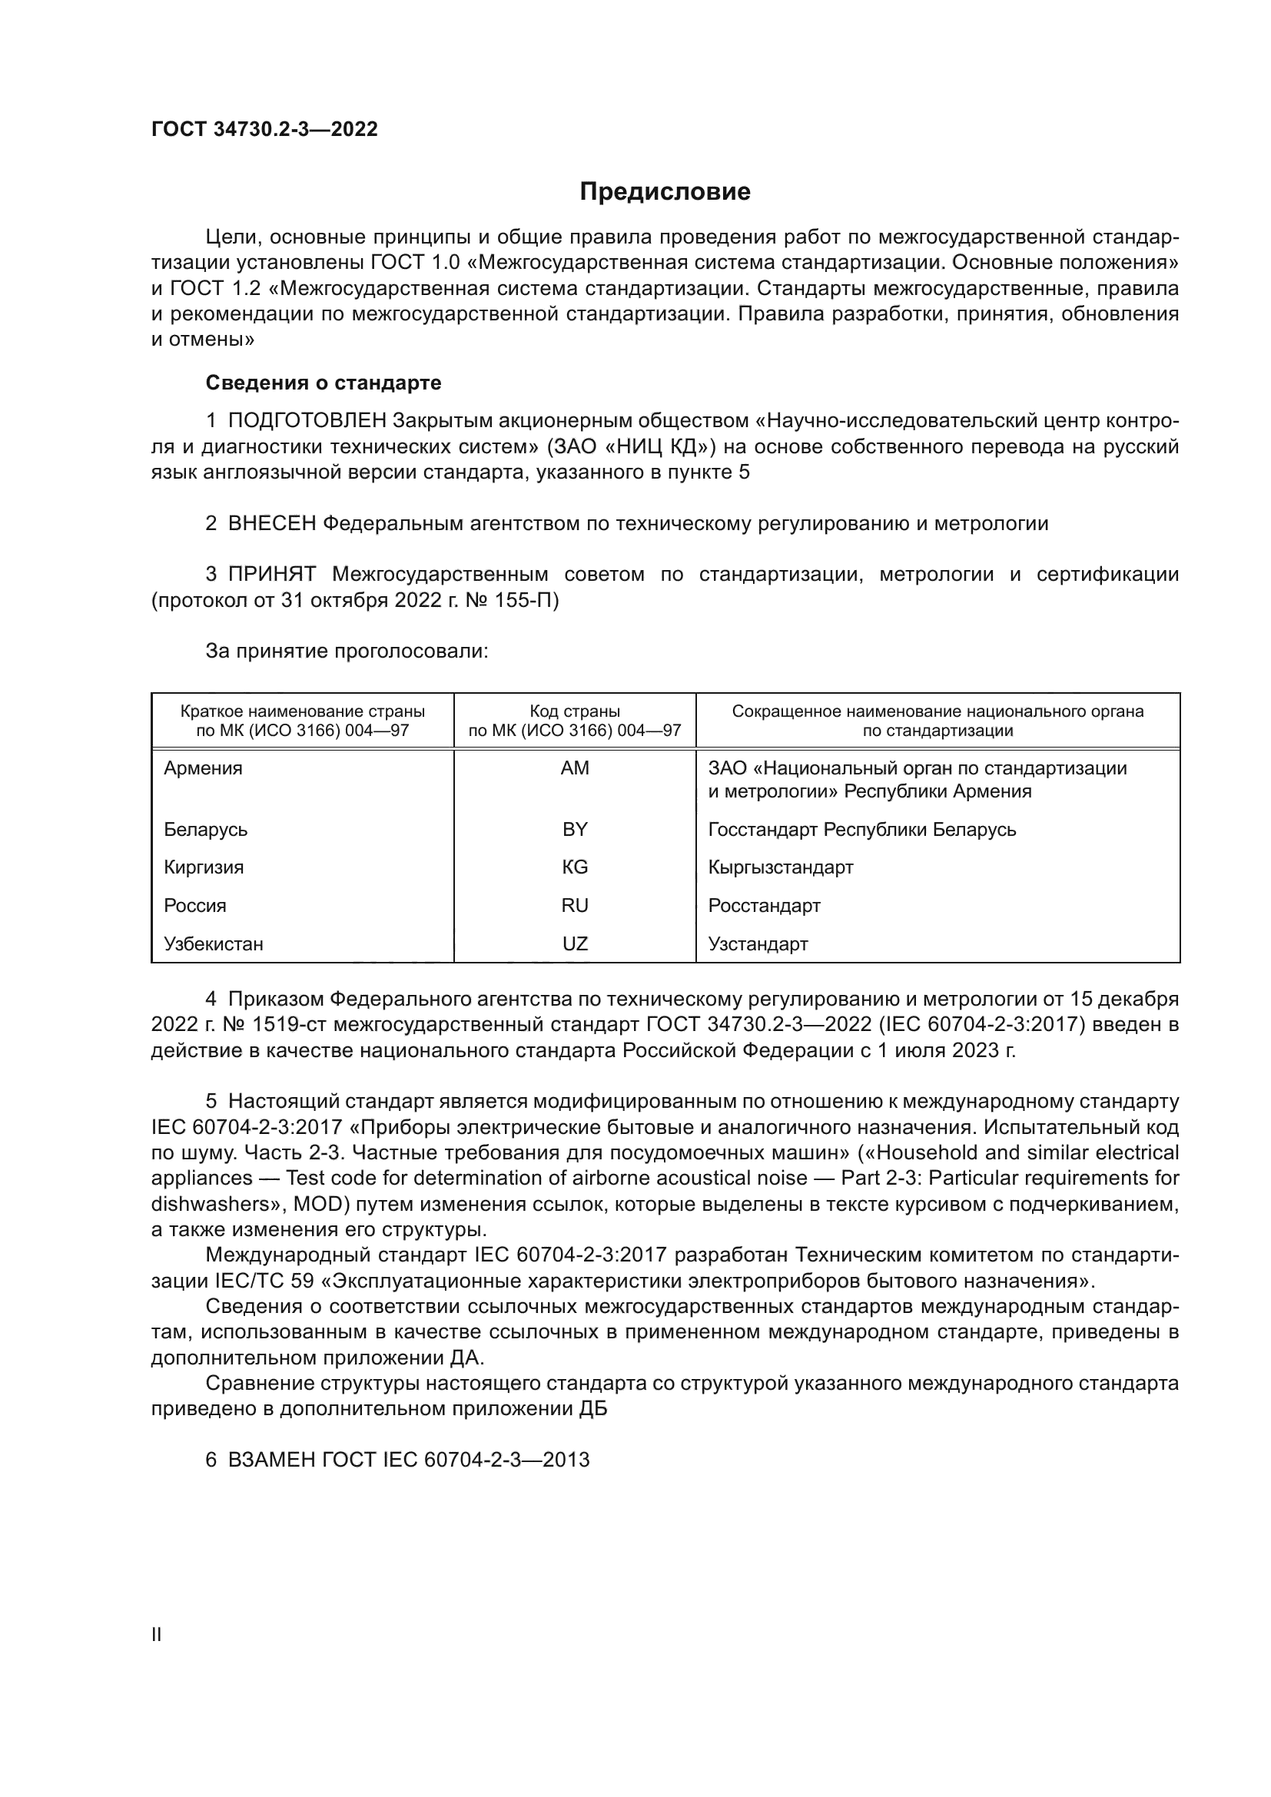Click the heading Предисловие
665,192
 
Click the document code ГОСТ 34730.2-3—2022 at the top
264,130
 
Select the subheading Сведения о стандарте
324,383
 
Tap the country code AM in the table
575,768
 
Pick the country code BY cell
575,829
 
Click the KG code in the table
575,867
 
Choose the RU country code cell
575,906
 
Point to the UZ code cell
575,944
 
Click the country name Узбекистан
213,944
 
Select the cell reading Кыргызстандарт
780,867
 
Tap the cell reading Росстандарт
764,906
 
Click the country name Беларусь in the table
205,829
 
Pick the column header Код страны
575,711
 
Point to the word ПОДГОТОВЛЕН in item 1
307,421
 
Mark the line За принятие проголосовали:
347,651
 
